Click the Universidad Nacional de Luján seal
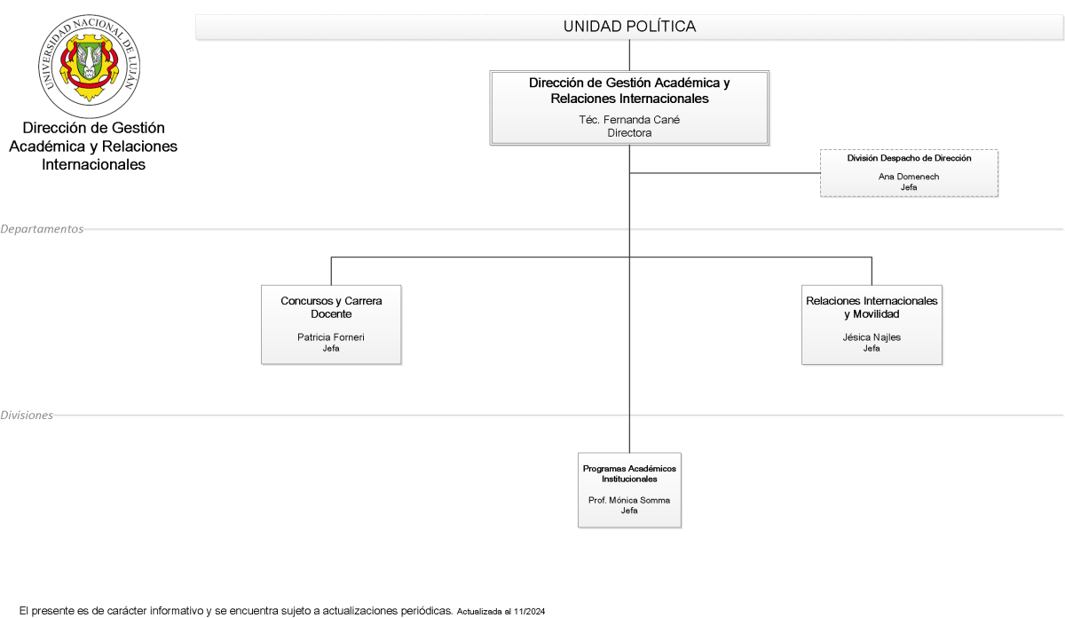point(90,66)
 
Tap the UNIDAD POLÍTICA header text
point(629,27)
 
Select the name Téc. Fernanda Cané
point(629,120)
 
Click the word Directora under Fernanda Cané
point(629,132)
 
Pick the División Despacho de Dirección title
point(909,158)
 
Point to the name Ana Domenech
point(909,177)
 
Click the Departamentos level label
point(42,229)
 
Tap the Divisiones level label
point(27,416)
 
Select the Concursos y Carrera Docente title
point(331,307)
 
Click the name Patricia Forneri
point(331,337)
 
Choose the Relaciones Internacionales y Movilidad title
point(872,307)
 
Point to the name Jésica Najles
point(872,337)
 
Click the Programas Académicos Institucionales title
point(629,474)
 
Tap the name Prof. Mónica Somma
point(629,500)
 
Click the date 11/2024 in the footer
point(529,612)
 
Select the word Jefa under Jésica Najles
point(872,348)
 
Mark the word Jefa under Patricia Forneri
point(331,348)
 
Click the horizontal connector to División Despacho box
point(725,173)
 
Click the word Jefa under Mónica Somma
point(629,511)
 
